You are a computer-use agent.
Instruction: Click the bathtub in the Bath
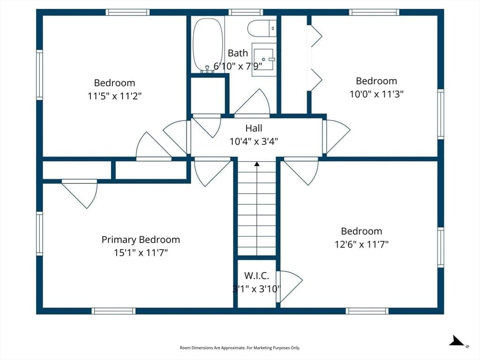[208, 45]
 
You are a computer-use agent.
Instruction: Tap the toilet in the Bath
[262, 28]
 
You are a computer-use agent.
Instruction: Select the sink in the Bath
[263, 60]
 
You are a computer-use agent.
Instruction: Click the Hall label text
[254, 128]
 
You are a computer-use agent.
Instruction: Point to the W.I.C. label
[256, 276]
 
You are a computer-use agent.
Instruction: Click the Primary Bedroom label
[141, 240]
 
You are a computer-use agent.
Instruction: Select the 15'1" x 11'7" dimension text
[141, 253]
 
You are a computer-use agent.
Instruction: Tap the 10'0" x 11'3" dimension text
[376, 94]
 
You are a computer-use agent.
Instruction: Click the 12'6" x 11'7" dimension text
[361, 244]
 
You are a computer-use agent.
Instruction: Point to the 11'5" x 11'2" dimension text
[114, 96]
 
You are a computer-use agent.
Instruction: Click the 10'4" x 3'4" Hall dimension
[254, 142]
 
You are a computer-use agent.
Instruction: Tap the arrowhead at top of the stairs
[257, 164]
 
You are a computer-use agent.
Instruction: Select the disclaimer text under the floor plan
[240, 348]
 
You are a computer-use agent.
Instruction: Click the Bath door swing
[252, 102]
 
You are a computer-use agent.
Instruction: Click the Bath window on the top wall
[246, 12]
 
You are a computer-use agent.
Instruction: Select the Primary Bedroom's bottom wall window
[113, 311]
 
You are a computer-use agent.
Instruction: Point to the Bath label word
[238, 53]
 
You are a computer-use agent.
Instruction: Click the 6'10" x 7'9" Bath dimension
[238, 66]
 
